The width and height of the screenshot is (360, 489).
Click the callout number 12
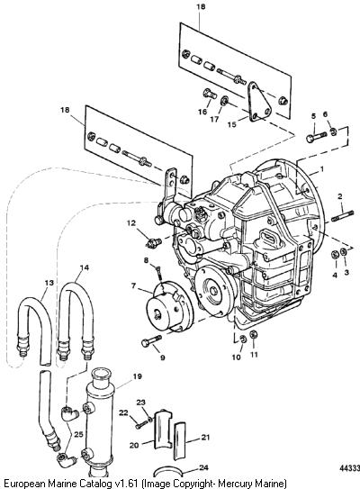[x=131, y=223]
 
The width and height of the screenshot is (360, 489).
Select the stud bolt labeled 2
[x=343, y=216]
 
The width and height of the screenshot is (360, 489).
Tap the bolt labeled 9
[x=151, y=340]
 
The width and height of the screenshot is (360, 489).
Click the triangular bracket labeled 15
[x=258, y=102]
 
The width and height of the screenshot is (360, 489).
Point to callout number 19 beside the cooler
[x=137, y=376]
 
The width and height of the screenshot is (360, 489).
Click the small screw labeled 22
[x=141, y=424]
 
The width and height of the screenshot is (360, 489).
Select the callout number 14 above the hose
[x=85, y=267]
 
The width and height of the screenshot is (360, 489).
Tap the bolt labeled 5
[x=316, y=137]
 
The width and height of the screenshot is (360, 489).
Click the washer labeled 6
[x=333, y=131]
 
